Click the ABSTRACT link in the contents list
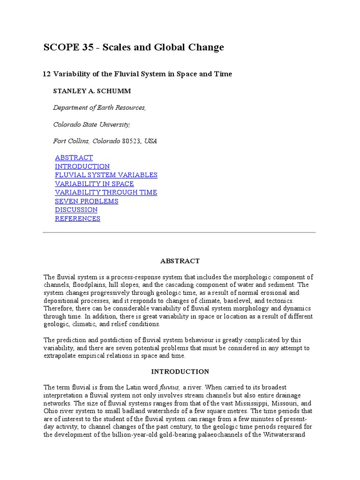point(74,157)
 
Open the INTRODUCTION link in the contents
point(82,166)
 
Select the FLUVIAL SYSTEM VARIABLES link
point(106,175)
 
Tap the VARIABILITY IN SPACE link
point(94,184)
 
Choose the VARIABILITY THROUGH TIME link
point(106,192)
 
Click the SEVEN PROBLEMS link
point(86,201)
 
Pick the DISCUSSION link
point(76,210)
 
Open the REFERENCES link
point(77,218)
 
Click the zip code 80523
point(131,141)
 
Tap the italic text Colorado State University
point(91,124)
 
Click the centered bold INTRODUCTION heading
point(180,371)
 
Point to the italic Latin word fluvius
point(170,387)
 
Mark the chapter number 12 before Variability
point(46,74)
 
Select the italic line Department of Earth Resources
point(99,107)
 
